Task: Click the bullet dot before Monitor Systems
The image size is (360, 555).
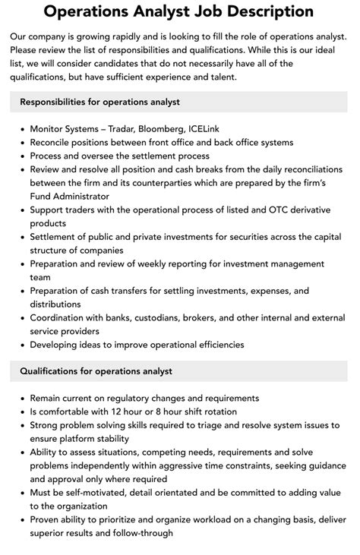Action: (x=20, y=130)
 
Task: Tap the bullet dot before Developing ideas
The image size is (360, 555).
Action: (x=20, y=345)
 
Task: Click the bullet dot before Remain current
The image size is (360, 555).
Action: (x=20, y=399)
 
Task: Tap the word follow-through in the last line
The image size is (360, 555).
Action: (x=142, y=533)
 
